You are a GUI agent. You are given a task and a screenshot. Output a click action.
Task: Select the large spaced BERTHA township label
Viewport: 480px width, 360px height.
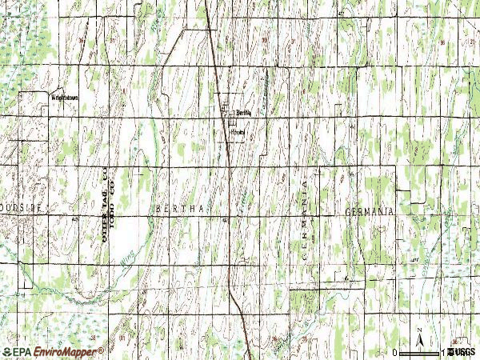click(184, 209)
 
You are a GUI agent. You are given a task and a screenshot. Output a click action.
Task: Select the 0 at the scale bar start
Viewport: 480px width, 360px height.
click(395, 352)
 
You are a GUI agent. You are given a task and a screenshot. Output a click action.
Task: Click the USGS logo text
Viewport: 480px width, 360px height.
click(464, 352)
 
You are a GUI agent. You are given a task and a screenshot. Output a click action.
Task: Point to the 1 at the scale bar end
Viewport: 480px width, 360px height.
click(442, 352)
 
